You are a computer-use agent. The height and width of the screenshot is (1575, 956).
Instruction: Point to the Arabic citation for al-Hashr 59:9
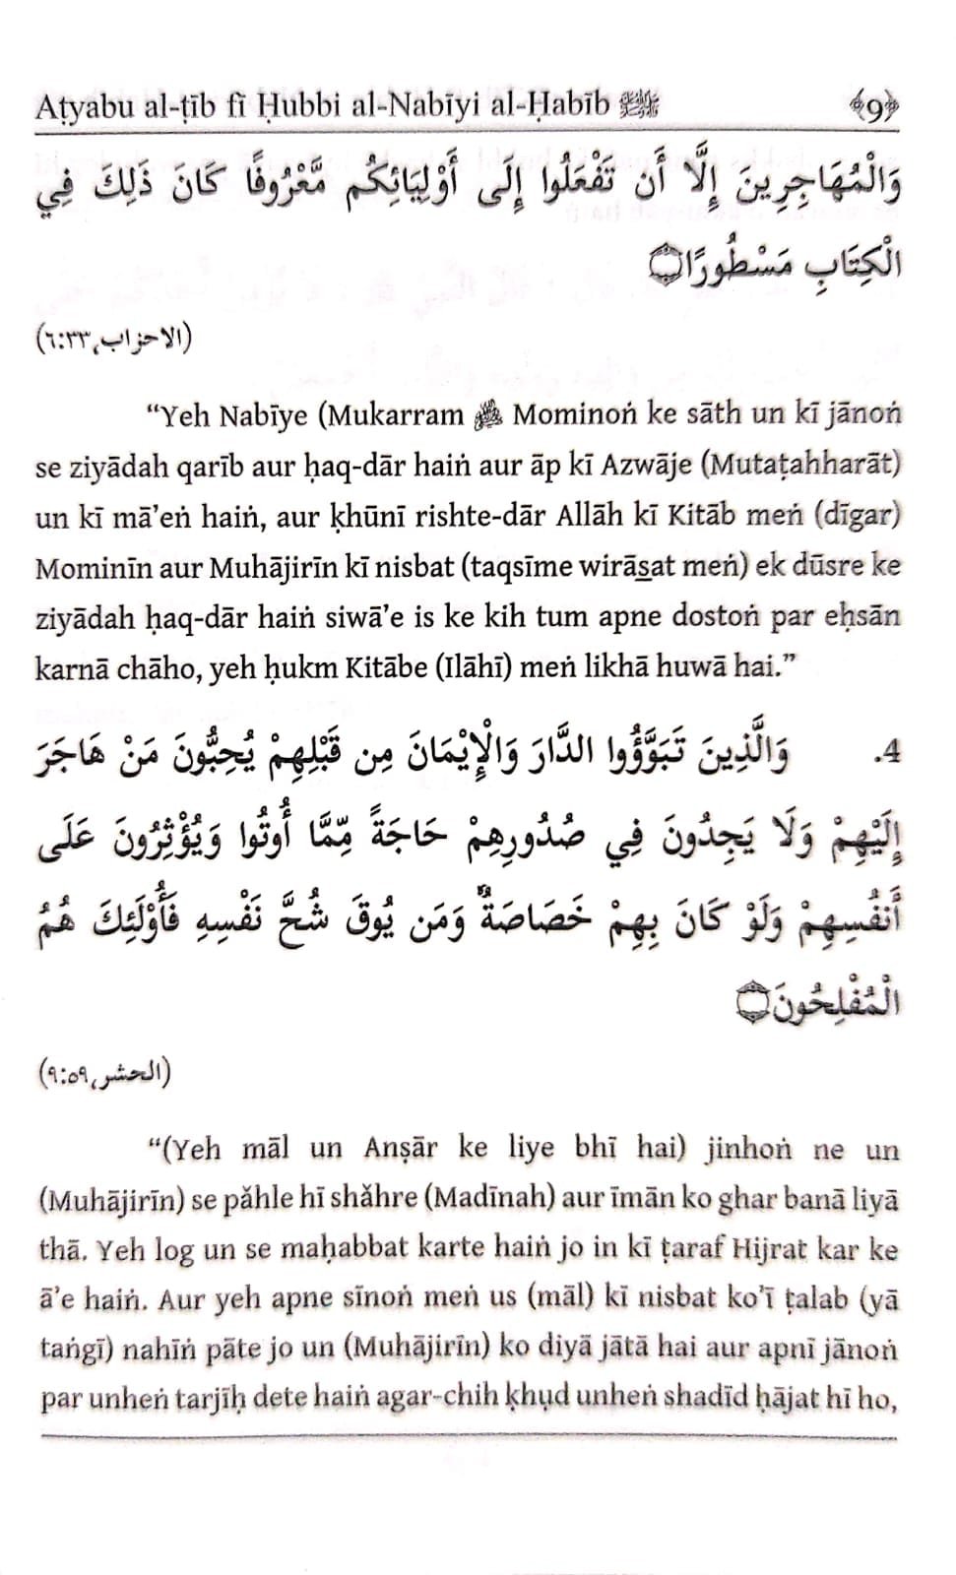[103, 1072]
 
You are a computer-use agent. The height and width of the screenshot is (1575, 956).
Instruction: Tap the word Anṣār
[402, 1149]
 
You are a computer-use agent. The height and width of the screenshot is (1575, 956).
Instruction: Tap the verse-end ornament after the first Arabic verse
[669, 267]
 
